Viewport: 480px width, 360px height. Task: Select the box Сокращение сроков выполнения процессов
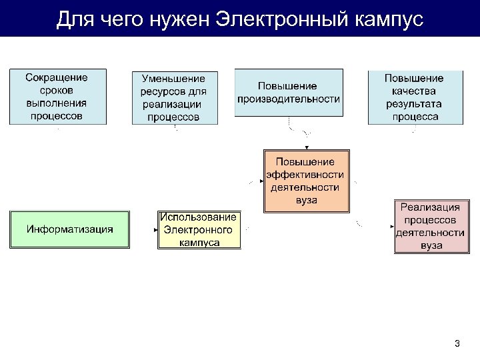[57, 96]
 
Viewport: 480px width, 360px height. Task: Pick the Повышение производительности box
[289, 92]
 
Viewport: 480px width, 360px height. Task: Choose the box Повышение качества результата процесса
[415, 97]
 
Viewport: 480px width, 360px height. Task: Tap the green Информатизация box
[69, 229]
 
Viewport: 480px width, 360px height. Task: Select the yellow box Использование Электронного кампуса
[199, 230]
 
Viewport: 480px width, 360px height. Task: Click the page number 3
[457, 344]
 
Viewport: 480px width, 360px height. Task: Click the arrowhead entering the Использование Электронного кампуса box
[155, 230]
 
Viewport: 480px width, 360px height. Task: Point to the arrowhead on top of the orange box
[307, 147]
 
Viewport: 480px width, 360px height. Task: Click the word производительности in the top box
[289, 99]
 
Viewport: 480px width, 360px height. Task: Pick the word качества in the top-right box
[414, 91]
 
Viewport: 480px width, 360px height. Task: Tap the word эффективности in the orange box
[305, 175]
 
